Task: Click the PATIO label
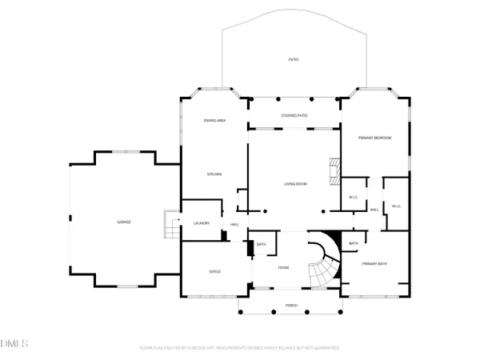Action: [294, 60]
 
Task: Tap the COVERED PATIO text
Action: [294, 116]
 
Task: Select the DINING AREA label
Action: [214, 120]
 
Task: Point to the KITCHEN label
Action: [214, 174]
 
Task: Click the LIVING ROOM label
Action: [295, 184]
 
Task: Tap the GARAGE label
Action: [124, 222]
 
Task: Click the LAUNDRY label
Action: [200, 223]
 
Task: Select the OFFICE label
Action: [214, 272]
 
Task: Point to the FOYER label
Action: [283, 267]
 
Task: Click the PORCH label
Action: [291, 306]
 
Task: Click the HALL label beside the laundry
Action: [234, 224]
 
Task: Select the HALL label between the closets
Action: [374, 210]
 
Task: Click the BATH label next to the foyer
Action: [262, 243]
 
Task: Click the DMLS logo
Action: [14, 343]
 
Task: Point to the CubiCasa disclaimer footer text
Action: [239, 348]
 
